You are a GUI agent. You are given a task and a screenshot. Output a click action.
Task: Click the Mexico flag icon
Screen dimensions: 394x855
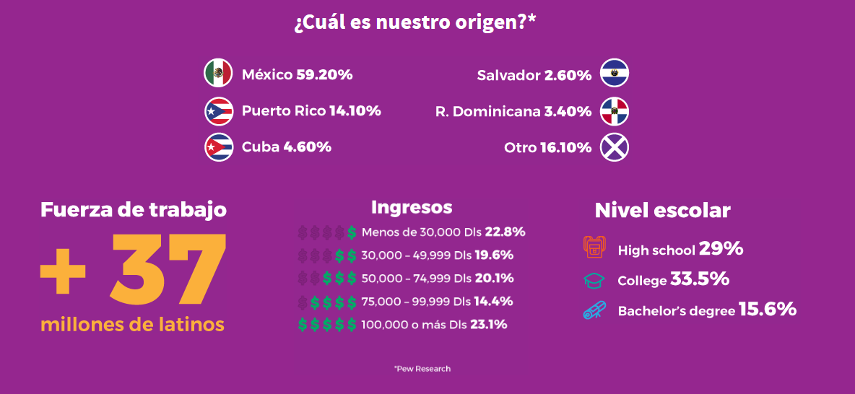point(218,73)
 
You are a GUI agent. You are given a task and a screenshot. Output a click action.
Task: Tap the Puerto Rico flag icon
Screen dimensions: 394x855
point(218,111)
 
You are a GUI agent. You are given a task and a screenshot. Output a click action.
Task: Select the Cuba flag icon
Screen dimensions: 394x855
point(218,146)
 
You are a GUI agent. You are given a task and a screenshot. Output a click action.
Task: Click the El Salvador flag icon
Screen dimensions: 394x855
point(615,73)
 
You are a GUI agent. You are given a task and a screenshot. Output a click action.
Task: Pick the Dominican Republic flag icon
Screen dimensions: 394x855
point(615,111)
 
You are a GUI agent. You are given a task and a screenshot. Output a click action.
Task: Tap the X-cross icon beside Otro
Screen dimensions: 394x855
point(615,147)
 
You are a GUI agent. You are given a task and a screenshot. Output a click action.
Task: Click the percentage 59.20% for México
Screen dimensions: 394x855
point(324,74)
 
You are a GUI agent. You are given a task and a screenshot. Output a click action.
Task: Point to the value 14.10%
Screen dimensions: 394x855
point(355,111)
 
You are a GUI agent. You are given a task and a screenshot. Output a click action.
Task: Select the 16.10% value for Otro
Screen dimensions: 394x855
point(565,148)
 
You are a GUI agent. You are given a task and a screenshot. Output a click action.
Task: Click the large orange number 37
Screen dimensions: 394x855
point(168,267)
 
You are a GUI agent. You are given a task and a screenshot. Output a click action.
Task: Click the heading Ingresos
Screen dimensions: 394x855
point(412,208)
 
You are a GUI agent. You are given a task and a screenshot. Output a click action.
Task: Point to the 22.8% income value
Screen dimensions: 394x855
point(505,232)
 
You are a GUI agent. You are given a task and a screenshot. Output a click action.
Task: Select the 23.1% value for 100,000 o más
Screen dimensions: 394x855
point(488,325)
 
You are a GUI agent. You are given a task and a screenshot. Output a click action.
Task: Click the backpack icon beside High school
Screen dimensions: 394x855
point(594,248)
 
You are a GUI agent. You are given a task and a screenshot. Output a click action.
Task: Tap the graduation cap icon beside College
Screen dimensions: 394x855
point(594,279)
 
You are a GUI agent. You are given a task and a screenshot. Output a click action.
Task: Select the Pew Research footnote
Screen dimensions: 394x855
point(422,369)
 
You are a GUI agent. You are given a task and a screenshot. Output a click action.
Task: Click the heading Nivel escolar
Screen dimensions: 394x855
point(662,211)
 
